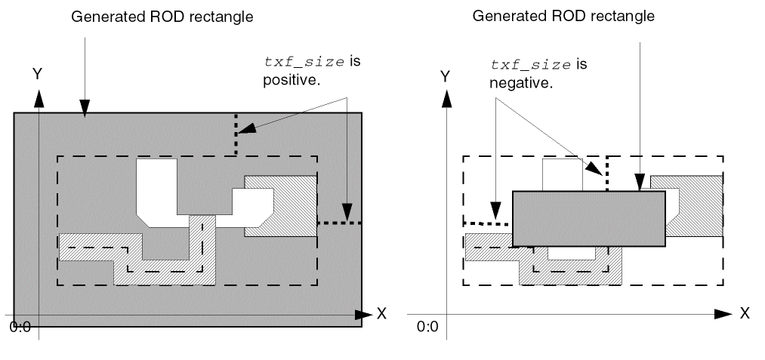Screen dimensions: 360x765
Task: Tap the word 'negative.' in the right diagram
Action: (522, 82)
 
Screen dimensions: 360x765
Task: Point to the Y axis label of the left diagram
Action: (36, 73)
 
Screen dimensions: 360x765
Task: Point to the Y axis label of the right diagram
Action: (446, 76)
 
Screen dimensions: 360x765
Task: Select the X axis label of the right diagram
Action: (745, 312)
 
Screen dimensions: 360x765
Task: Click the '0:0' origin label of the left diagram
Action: (20, 328)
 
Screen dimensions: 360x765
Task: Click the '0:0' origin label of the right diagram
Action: (427, 327)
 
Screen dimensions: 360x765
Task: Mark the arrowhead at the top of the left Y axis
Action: (39, 97)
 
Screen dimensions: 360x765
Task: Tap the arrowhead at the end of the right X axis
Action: (724, 312)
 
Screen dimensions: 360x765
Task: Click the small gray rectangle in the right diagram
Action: (588, 219)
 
